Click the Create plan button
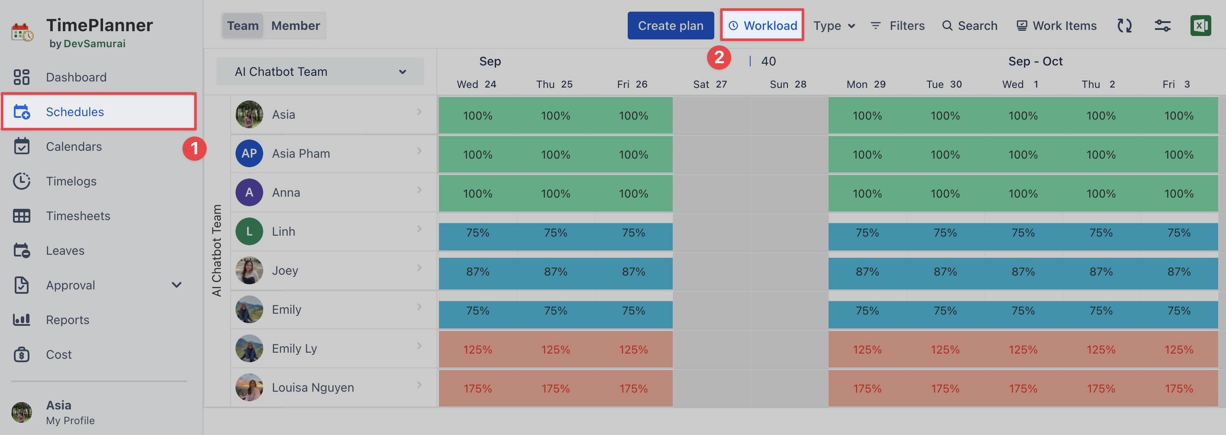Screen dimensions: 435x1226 (670, 26)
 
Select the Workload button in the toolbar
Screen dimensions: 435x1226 (762, 26)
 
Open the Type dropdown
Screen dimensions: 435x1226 (834, 26)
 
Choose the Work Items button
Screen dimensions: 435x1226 (1056, 26)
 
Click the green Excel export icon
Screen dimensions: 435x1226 (1200, 26)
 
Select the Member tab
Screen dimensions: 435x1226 (295, 26)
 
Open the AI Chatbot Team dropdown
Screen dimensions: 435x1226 (320, 72)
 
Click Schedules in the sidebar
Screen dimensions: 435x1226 (75, 112)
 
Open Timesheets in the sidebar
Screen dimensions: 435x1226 (77, 216)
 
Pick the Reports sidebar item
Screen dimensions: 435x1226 (67, 320)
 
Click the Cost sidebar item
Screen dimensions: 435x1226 (58, 354)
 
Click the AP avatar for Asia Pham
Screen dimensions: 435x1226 (249, 153)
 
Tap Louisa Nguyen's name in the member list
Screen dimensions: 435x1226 (313, 387)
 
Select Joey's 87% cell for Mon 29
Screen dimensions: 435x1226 (867, 272)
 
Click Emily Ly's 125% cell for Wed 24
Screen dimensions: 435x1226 (477, 350)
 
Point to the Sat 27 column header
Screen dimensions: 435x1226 (710, 84)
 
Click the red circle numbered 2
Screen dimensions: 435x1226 (719, 58)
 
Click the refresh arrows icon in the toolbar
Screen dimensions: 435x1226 (1124, 26)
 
